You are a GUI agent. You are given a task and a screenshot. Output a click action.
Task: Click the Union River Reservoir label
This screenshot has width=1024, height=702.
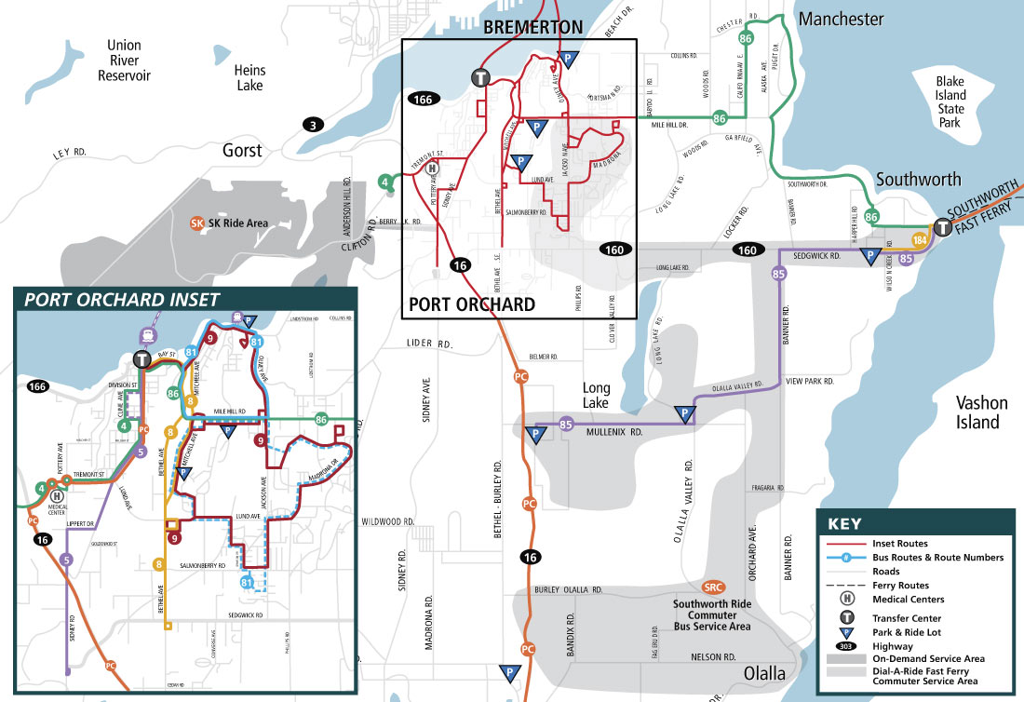tap(124, 61)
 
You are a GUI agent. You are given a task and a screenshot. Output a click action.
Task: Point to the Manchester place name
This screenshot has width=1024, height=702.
tap(841, 20)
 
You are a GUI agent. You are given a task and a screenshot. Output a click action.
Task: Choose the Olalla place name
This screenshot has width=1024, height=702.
tap(764, 673)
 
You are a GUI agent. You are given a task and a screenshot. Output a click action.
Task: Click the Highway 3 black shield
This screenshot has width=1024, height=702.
tap(315, 125)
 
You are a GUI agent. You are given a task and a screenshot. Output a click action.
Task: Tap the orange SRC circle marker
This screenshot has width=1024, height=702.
tap(713, 587)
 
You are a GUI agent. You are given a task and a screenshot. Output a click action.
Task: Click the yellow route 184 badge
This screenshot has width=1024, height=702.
tap(920, 240)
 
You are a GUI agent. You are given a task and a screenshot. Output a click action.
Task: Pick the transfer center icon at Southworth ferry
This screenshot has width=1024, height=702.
tap(942, 228)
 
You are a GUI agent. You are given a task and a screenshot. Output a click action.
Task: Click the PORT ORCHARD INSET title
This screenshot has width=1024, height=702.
tap(122, 299)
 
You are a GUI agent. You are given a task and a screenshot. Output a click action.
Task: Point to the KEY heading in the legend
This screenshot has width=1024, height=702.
tap(843, 523)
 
